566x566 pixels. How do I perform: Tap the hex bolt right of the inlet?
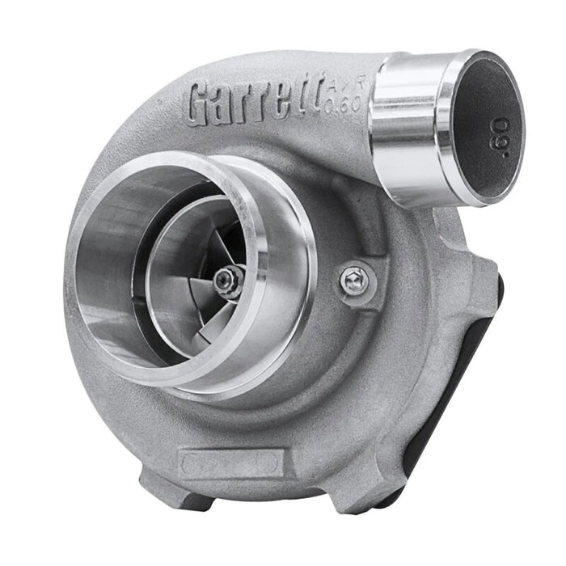pos(352,280)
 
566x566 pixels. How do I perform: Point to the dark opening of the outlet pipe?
pos(485,121)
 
